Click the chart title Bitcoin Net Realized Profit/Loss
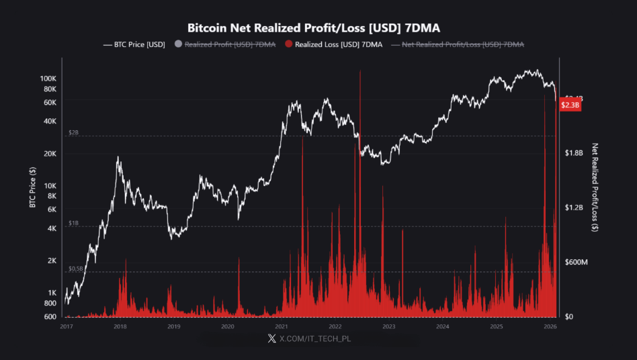click(318, 28)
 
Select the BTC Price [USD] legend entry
click(134, 44)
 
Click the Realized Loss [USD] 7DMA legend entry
click(333, 44)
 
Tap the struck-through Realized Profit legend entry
click(225, 44)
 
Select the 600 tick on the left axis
click(51, 317)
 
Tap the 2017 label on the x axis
click(67, 326)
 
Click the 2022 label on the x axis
click(335, 326)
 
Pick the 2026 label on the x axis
click(550, 326)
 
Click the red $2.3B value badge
click(570, 105)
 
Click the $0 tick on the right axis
click(569, 316)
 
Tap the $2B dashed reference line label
click(74, 133)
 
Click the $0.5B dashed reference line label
click(76, 269)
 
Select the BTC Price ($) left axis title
click(32, 188)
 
